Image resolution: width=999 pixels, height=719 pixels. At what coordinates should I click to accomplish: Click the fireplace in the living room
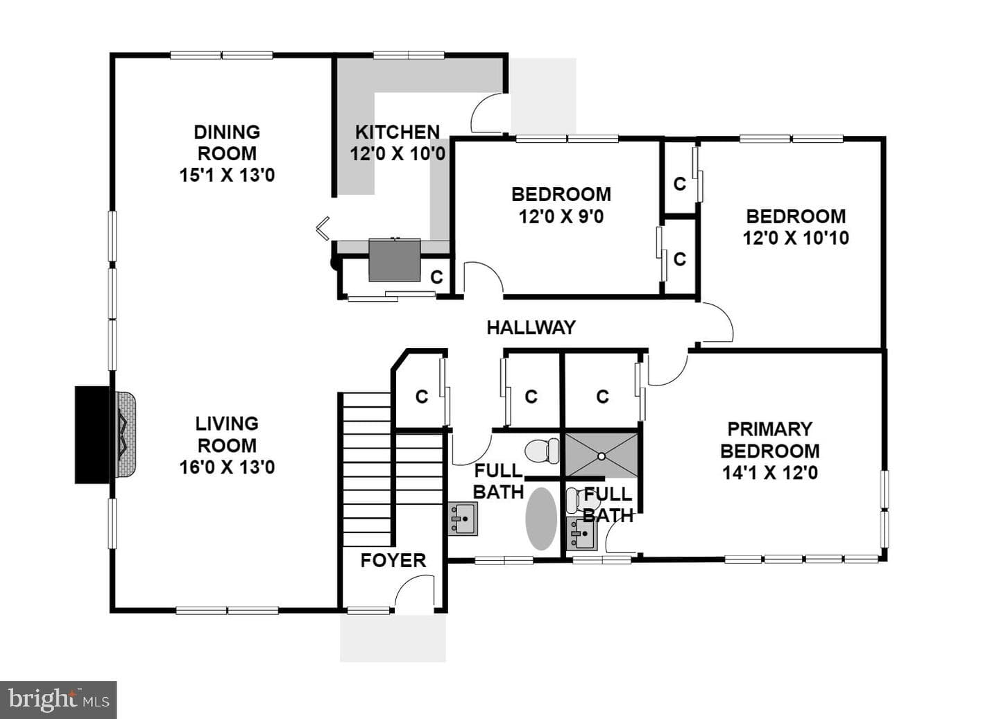[105, 435]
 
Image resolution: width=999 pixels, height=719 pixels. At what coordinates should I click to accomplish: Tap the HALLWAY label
[531, 328]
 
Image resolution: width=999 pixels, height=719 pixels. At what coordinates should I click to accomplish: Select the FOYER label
[393, 560]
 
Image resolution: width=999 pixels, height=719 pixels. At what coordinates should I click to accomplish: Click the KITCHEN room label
[398, 132]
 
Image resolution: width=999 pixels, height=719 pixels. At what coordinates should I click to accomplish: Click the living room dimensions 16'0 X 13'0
[227, 467]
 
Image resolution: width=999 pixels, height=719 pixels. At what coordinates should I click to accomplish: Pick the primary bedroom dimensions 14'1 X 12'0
[770, 472]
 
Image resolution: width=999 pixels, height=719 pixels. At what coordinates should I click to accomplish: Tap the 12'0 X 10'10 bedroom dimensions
[796, 238]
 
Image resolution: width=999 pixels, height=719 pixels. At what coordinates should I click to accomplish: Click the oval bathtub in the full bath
[541, 519]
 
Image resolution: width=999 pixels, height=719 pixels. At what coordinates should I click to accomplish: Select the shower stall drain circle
[601, 456]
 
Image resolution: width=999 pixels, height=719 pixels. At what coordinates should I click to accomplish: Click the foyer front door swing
[414, 590]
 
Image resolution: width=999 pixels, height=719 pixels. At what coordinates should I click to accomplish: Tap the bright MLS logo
[58, 700]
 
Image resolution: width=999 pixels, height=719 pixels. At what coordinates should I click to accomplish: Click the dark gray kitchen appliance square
[395, 260]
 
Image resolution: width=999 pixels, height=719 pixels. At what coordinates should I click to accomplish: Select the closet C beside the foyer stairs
[422, 397]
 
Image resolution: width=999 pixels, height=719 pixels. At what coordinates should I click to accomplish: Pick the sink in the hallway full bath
[463, 519]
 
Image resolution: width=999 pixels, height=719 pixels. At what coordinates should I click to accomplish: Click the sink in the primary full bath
[581, 534]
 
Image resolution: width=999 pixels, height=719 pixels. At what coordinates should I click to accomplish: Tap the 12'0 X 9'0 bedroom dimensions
[561, 216]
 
